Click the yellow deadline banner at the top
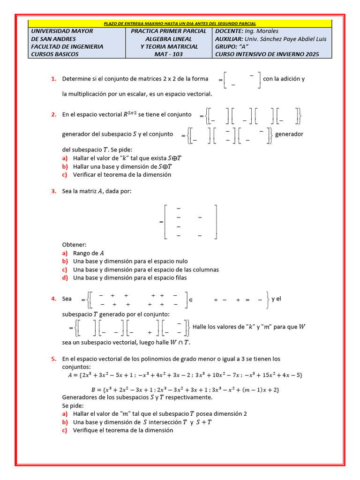(x=180, y=23)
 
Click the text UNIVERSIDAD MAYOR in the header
(x=62, y=31)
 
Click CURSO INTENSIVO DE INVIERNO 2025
(x=267, y=54)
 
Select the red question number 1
(x=54, y=79)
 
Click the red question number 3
(x=54, y=191)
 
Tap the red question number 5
(x=54, y=359)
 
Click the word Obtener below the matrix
(x=74, y=245)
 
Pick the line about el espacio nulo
(x=130, y=261)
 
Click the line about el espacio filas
(x=130, y=277)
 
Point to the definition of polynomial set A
(x=186, y=375)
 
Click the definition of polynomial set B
(x=185, y=390)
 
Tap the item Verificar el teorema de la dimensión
(x=122, y=174)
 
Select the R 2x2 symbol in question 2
(x=130, y=114)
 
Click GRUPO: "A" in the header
(x=232, y=46)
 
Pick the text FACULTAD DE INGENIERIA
(x=67, y=46)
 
